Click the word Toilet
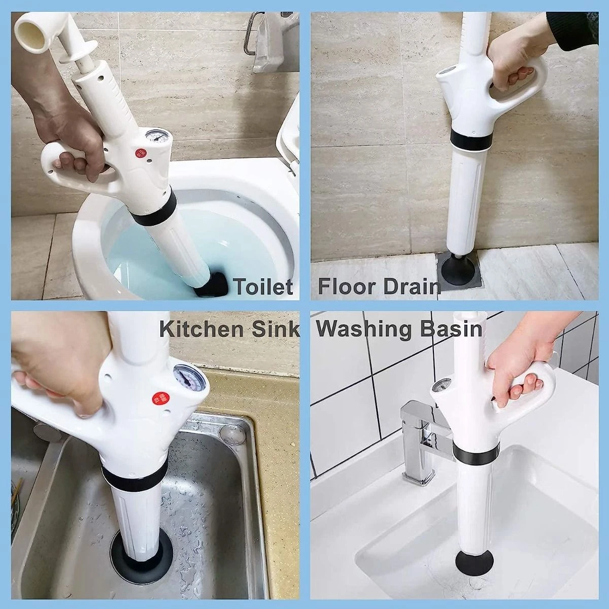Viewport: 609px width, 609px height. pyautogui.click(x=264, y=287)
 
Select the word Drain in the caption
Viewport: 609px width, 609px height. pyautogui.click(x=409, y=287)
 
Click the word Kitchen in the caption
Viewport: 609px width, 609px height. pyautogui.click(x=202, y=329)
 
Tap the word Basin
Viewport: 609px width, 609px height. pyautogui.click(x=450, y=329)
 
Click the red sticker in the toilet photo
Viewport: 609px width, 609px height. pyautogui.click(x=140, y=154)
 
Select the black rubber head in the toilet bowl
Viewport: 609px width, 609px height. pyautogui.click(x=211, y=284)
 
